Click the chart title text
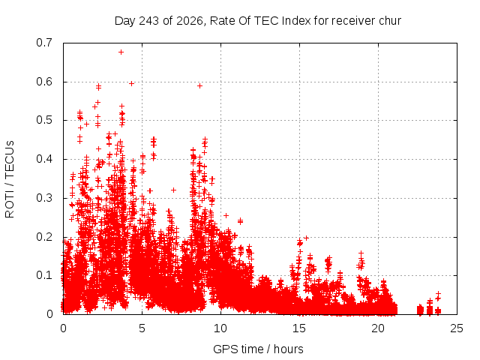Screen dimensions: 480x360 coord(258,21)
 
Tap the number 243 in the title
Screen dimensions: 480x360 coord(148,21)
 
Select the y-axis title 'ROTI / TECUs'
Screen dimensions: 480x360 coord(10,179)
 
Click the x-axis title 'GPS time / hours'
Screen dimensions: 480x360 coord(258,349)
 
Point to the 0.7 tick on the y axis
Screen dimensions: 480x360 coord(44,43)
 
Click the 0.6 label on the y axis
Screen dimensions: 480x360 coord(44,82)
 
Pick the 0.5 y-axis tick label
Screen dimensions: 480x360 coord(44,120)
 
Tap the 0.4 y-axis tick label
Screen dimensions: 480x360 coord(44,159)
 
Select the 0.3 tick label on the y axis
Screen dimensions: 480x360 coord(44,198)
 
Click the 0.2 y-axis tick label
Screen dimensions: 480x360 coord(44,237)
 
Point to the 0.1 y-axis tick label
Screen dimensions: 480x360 coord(44,275)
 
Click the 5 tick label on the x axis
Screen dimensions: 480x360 coord(142,328)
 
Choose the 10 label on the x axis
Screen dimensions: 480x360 coord(220,328)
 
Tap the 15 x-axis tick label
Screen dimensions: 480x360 coord(299,328)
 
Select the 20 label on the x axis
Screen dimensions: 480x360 coord(378,328)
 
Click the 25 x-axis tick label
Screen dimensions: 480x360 coord(457,328)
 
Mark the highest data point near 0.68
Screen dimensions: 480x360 coord(121,52)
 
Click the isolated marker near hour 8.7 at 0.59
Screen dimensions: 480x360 coord(200,86)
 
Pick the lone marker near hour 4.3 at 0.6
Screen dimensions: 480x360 coord(132,83)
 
